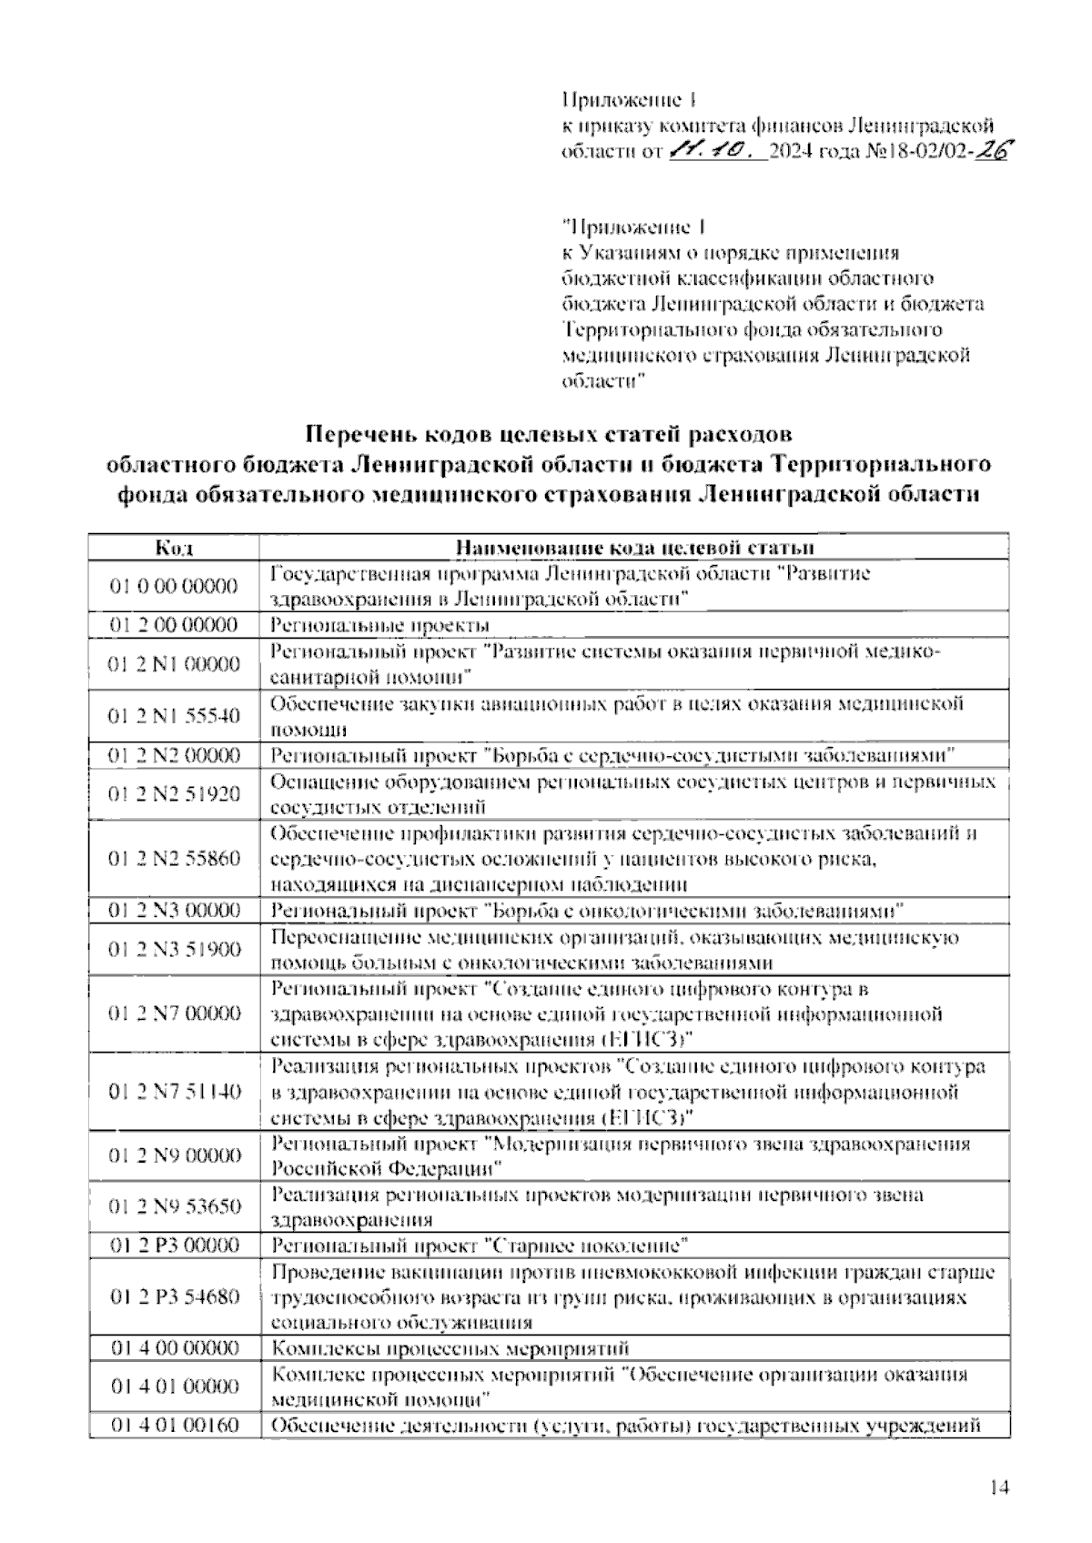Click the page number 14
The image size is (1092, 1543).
point(999,1488)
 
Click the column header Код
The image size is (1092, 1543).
point(173,548)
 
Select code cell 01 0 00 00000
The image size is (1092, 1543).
point(173,586)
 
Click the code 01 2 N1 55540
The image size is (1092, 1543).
point(173,716)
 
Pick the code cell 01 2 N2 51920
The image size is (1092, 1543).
point(173,794)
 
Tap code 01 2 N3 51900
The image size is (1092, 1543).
point(173,950)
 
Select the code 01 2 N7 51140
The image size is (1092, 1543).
point(173,1092)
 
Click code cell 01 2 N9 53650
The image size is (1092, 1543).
point(173,1207)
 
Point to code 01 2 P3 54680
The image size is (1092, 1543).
point(173,1296)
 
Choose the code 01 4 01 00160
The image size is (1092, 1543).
point(173,1425)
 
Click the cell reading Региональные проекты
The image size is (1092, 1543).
point(380,625)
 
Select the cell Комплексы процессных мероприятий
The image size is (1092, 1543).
point(450,1348)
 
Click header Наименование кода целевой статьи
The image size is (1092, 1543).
point(633,548)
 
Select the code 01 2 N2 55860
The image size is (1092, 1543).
point(173,859)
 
